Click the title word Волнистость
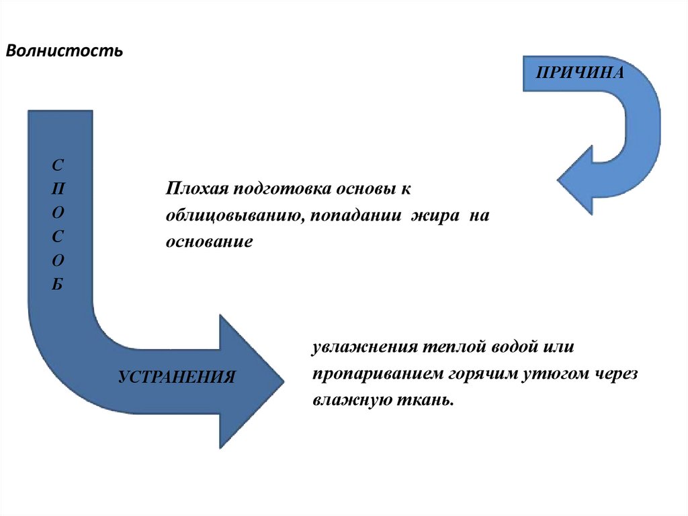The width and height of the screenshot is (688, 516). (64, 51)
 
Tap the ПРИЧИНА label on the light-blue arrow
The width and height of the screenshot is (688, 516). (579, 72)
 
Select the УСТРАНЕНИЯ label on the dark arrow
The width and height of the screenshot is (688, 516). (177, 375)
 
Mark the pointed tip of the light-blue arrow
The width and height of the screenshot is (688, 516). (559, 180)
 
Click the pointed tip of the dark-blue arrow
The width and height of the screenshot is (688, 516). (283, 381)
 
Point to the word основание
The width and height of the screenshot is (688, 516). (209, 242)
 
